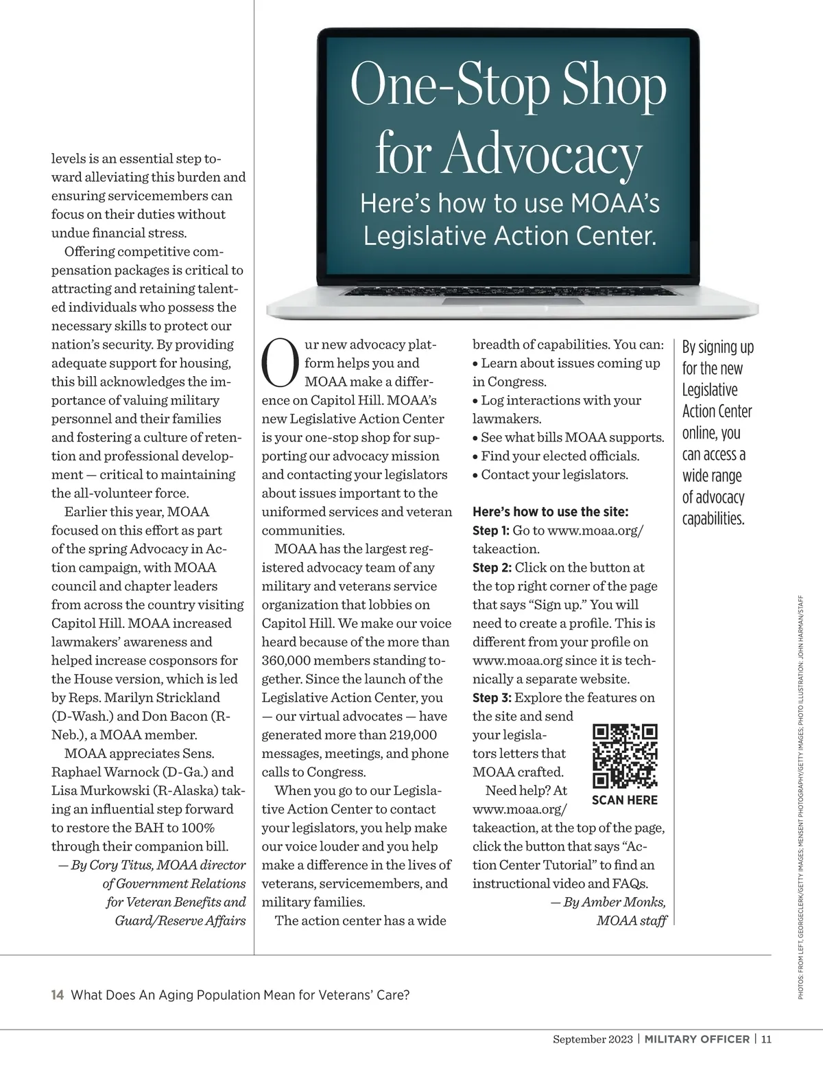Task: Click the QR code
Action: [625, 756]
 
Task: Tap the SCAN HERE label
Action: [625, 800]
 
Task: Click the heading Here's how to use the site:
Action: [551, 512]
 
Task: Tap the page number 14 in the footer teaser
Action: [58, 995]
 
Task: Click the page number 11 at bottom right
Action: [766, 1039]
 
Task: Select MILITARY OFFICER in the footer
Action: [697, 1039]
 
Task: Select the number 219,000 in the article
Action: [407, 734]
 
